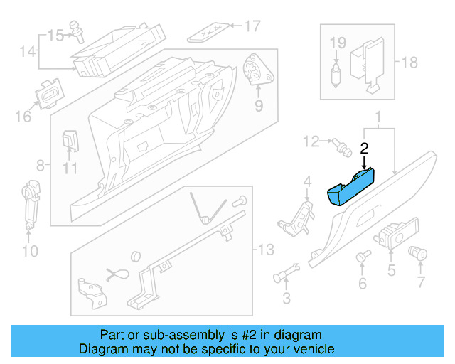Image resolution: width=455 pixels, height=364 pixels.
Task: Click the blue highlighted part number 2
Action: click(x=350, y=189)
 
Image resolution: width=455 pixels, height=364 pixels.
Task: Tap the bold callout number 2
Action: click(x=364, y=149)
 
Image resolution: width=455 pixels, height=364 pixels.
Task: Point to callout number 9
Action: click(x=258, y=106)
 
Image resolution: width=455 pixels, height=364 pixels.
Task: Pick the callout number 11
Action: click(x=68, y=168)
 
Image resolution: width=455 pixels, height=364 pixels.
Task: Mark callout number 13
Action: click(x=264, y=250)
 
